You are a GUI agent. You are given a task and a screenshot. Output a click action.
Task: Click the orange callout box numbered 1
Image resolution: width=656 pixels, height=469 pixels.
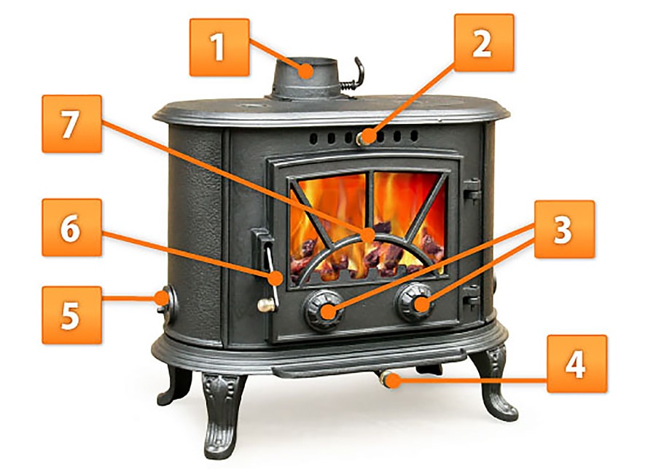[x=219, y=47]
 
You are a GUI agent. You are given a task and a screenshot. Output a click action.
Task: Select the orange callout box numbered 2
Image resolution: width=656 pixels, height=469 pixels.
[x=484, y=43]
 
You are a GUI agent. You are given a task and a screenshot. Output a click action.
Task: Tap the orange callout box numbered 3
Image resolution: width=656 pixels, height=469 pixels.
[x=564, y=229]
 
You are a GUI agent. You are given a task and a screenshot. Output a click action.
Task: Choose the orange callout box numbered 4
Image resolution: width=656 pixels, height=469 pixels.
[x=577, y=363]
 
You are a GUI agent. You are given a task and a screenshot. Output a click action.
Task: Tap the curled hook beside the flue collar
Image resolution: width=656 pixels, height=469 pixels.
[x=353, y=75]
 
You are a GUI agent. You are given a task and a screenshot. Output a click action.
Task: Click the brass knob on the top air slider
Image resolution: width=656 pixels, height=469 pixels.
[x=362, y=138]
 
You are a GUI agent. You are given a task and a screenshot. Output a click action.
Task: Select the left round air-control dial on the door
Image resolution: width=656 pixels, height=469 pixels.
[x=324, y=310]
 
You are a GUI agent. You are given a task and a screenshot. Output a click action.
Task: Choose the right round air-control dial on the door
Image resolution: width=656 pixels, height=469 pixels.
[x=415, y=303]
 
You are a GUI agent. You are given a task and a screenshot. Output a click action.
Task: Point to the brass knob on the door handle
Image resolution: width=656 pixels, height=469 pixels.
[x=265, y=306]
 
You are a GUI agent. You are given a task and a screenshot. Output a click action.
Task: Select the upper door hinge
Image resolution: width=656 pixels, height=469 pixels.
[x=472, y=189]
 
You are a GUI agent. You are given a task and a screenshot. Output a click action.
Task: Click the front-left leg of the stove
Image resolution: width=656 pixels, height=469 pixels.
[x=222, y=414]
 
